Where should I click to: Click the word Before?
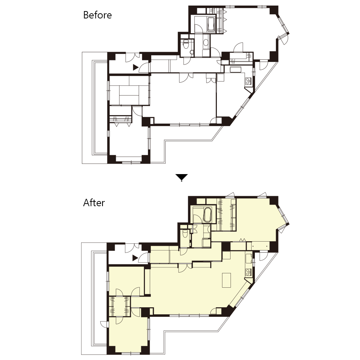97,15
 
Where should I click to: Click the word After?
94,203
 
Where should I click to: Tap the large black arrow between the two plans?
181,177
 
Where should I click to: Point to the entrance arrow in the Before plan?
136,67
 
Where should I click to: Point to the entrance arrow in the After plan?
135,258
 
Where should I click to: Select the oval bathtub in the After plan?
207,215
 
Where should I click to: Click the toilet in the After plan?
185,234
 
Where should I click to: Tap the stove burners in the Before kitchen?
248,81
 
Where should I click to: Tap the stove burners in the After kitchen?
248,272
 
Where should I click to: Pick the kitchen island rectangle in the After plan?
226,280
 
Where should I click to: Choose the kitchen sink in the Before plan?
235,70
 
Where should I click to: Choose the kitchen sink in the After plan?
249,258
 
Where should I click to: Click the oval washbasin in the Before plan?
206,42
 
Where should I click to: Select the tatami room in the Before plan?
129,90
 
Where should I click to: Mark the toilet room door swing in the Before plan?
187,60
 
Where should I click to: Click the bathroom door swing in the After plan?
197,219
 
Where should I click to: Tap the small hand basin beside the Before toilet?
192,52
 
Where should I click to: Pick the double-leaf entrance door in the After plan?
132,248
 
